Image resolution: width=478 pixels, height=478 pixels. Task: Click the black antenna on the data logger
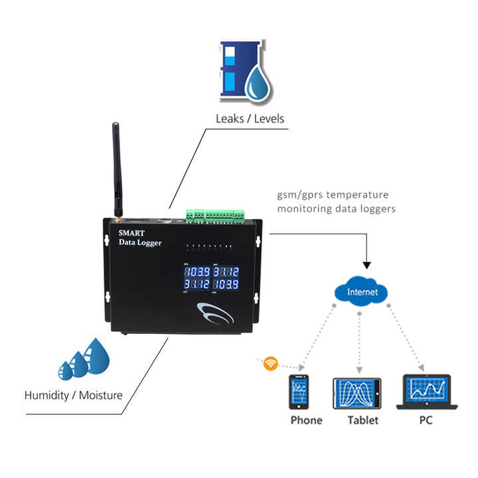coord(116,166)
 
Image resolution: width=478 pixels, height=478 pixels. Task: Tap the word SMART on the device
coord(133,232)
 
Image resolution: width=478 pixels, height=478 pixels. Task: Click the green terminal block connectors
coord(215,214)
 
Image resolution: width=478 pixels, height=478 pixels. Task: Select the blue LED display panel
coord(211,278)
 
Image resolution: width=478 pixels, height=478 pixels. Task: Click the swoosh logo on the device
coord(213,311)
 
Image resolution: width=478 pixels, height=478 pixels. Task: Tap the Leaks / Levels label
coord(250,119)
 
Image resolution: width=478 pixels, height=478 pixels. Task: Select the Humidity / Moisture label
coord(74,395)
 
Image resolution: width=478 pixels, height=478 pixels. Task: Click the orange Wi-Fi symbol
coord(270,363)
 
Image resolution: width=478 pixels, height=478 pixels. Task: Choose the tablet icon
coord(357,393)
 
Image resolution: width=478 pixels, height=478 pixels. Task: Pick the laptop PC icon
coord(426,392)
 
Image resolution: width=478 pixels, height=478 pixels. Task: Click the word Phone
coord(306,420)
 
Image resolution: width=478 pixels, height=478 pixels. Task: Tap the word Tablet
coord(362,420)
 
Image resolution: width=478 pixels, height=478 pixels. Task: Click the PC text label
coord(426,420)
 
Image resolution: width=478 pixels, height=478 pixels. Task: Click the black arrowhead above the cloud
coord(367,265)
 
